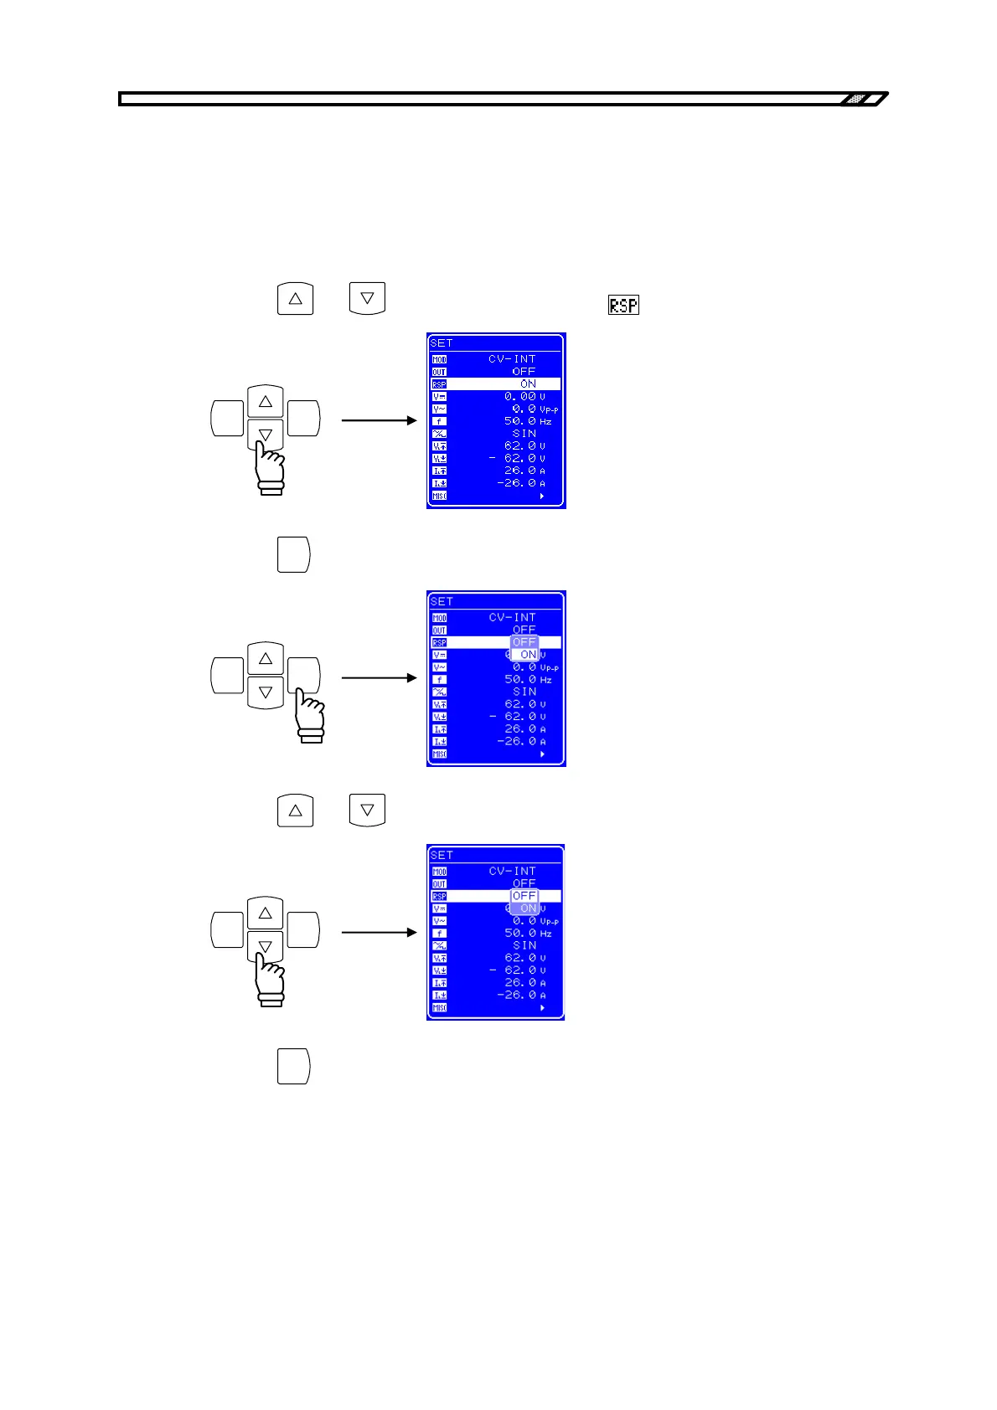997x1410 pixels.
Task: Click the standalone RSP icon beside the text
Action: (x=623, y=306)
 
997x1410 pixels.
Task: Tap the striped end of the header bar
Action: (x=861, y=99)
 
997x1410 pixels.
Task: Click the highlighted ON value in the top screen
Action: (x=528, y=383)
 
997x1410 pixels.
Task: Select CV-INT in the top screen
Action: (x=512, y=358)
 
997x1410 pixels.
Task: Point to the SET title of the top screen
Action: (x=442, y=342)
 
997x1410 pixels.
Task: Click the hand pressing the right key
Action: (x=311, y=716)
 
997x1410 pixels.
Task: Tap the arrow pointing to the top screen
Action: (x=379, y=419)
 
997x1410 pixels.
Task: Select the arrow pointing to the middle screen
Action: (x=379, y=677)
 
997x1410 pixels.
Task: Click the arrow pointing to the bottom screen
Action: (x=379, y=932)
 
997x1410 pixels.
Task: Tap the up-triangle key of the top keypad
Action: (x=266, y=402)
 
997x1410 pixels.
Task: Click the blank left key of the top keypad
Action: (x=227, y=419)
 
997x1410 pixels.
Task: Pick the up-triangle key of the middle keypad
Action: (x=266, y=659)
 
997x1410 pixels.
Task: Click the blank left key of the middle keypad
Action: (x=227, y=677)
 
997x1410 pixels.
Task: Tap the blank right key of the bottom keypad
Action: (x=303, y=930)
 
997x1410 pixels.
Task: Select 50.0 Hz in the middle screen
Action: (x=527, y=679)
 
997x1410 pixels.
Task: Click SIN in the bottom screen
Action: (x=524, y=945)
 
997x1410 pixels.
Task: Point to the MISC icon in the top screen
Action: (x=439, y=496)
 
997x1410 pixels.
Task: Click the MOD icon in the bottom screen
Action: (x=439, y=872)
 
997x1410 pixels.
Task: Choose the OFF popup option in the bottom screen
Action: (x=524, y=896)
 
